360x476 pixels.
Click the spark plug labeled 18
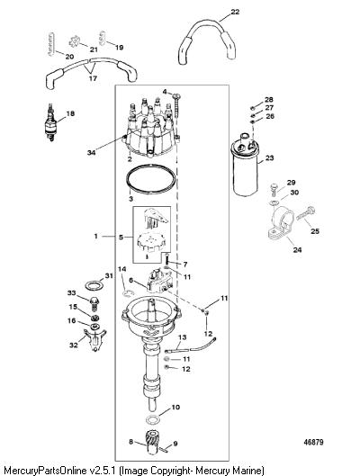pyautogui.click(x=50, y=122)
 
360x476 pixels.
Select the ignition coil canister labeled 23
pyautogui.click(x=246, y=165)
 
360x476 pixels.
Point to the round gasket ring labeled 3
pyautogui.click(x=151, y=179)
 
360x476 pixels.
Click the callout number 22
pyautogui.click(x=235, y=12)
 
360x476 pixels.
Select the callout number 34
pyautogui.click(x=92, y=152)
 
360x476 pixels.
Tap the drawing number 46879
pyautogui.click(x=313, y=442)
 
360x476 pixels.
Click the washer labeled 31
pyautogui.click(x=94, y=285)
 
